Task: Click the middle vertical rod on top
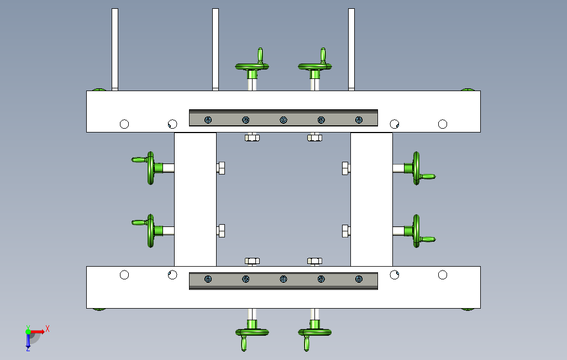coord(216,50)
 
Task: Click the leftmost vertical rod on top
coord(115,50)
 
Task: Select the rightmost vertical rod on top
coord(351,50)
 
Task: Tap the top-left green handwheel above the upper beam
coord(252,66)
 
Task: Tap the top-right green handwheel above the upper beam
coord(315,66)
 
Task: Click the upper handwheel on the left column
coord(151,168)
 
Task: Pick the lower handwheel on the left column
coord(151,231)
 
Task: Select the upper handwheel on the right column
coord(416,168)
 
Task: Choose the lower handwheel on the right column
coord(416,231)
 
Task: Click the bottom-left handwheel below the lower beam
coord(252,332)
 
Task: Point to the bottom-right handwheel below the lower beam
coord(315,332)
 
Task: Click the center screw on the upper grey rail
coord(283,120)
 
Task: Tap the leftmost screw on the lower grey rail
coord(208,279)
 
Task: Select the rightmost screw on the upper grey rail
coord(359,120)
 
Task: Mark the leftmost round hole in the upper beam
coord(124,124)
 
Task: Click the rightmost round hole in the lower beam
coord(443,275)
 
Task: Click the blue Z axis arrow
coord(28,341)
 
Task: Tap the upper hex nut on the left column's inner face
coord(221,168)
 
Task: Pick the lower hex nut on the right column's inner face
coord(346,231)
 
